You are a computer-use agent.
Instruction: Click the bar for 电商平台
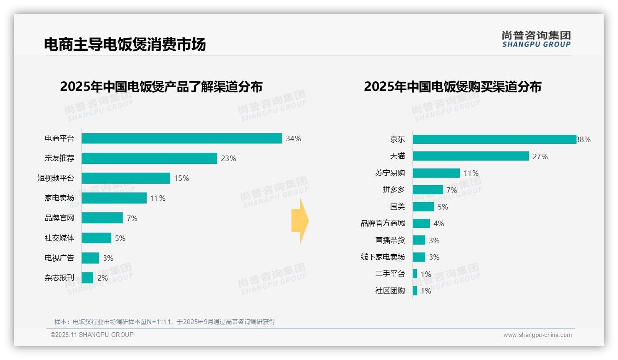[182, 138]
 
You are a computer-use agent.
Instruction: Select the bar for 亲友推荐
[149, 158]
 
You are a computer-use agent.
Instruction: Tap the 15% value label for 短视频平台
[181, 179]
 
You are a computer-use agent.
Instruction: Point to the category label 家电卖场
[59, 198]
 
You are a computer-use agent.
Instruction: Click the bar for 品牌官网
[102, 218]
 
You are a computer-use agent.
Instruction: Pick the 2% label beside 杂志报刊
[102, 278]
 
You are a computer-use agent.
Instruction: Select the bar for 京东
[494, 139]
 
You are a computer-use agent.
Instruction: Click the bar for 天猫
[470, 156]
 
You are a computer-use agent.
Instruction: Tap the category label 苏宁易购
[390, 173]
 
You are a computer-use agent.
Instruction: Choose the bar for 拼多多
[428, 190]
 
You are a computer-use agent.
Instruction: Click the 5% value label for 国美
[443, 207]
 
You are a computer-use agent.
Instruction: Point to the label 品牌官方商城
[382, 223]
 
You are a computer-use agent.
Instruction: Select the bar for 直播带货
[419, 240]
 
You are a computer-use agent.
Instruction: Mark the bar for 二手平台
[415, 274]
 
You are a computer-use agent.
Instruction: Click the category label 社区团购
[390, 291]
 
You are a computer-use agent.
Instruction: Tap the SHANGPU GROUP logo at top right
[536, 39]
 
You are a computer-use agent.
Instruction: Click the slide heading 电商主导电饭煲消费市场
[125, 44]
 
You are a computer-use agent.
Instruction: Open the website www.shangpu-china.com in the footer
[537, 335]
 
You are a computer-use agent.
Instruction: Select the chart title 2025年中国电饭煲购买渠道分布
[452, 87]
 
